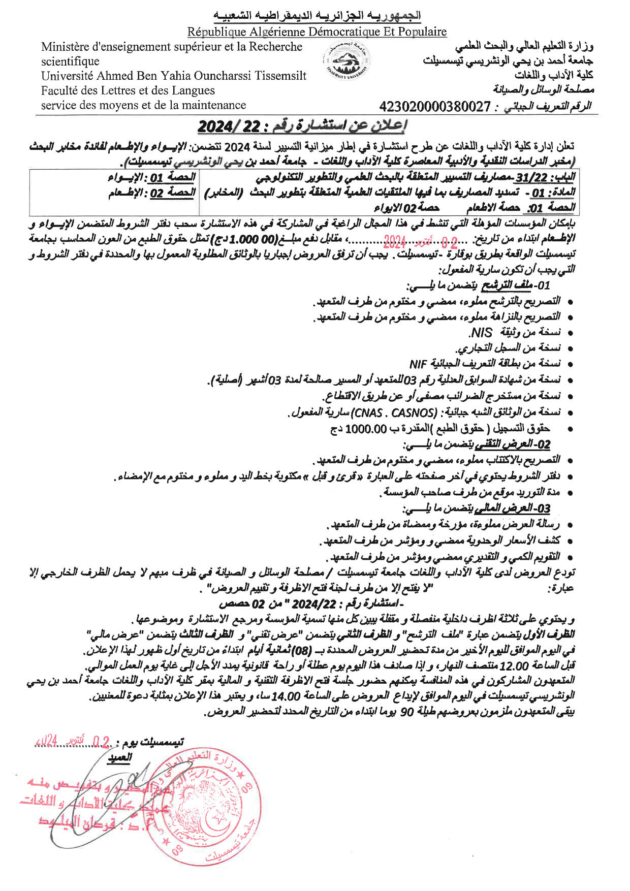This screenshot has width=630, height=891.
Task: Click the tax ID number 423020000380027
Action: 435,107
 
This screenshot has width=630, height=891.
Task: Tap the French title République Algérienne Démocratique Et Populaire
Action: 317,32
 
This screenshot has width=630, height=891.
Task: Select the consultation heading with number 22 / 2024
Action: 303,125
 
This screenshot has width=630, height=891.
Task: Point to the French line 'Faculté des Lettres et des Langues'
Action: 128,90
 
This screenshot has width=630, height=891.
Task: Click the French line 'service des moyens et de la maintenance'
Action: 143,105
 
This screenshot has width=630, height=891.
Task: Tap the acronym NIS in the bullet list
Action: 481,333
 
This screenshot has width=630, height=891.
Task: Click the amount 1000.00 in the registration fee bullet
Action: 366,429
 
